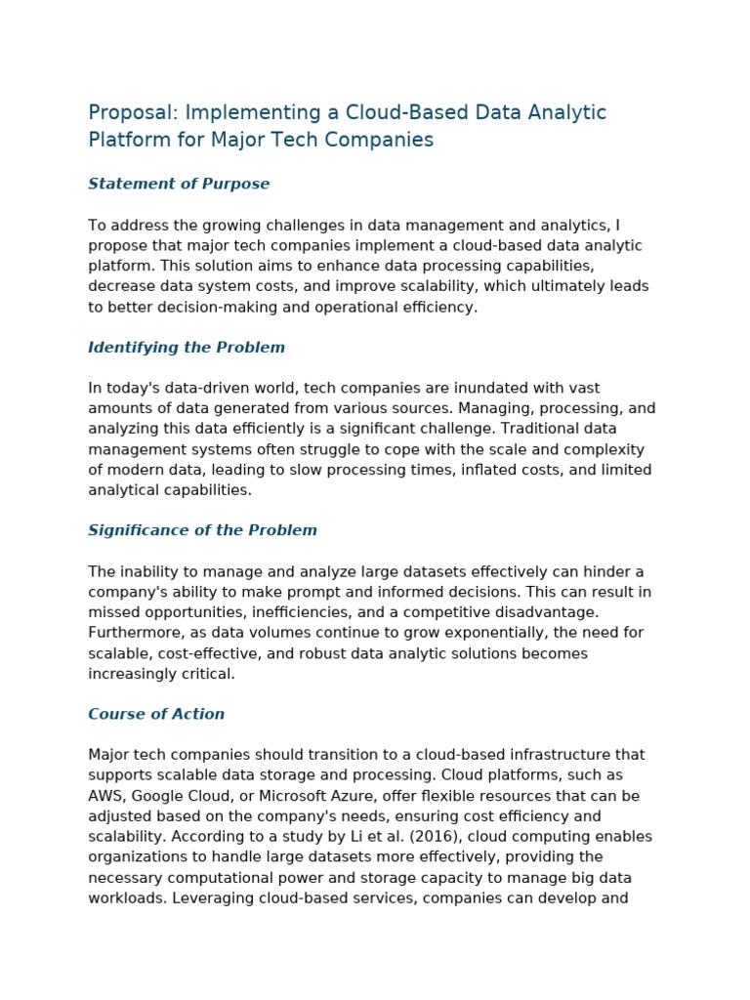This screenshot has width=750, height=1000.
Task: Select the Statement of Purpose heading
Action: pos(179,184)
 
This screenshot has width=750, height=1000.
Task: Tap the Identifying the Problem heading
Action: pos(187,348)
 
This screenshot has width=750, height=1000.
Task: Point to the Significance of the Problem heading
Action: pos(202,530)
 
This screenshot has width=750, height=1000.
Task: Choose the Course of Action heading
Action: pos(156,714)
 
